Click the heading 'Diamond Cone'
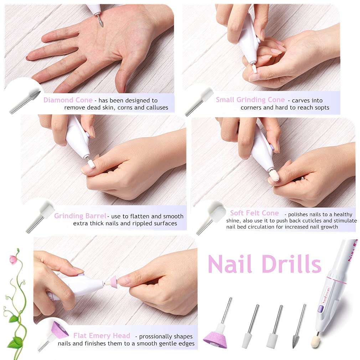coord(68,100)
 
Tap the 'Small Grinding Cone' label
coord(250,100)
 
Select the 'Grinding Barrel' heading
coord(80,216)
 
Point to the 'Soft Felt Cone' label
coord(254,213)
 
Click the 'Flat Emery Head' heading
coord(102,336)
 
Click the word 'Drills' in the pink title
coord(292,264)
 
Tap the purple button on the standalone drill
coord(320,309)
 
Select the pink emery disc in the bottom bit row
coord(215,339)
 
